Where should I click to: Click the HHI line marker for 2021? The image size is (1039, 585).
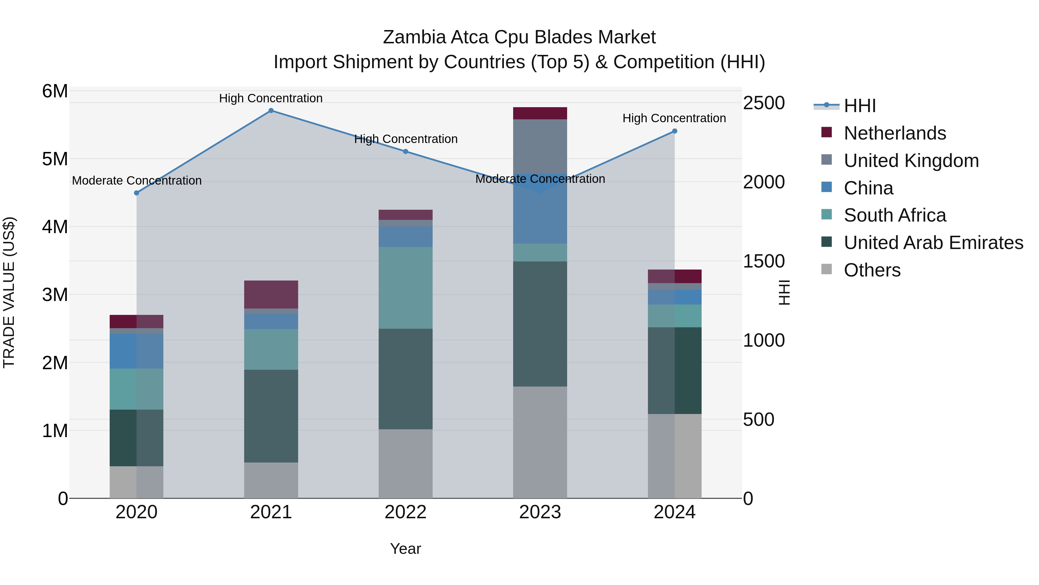point(271,111)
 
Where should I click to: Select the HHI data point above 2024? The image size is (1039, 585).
point(675,131)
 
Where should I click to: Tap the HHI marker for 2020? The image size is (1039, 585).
point(137,193)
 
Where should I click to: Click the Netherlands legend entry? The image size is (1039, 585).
point(895,133)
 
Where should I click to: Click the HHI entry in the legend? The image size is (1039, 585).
point(859,106)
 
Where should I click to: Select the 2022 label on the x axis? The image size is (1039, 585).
point(405,512)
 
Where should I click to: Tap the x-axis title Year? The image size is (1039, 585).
point(405,549)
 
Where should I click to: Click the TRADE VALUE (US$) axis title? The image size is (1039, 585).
point(9,292)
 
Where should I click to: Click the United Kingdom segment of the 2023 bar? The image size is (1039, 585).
point(540,146)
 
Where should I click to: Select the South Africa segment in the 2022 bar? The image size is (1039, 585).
point(405,287)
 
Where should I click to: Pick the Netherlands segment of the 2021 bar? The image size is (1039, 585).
point(271,294)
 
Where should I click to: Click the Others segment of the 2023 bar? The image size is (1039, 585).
point(540,442)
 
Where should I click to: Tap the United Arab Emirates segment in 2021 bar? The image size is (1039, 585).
point(271,416)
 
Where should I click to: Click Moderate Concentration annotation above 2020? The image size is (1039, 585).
point(137,181)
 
